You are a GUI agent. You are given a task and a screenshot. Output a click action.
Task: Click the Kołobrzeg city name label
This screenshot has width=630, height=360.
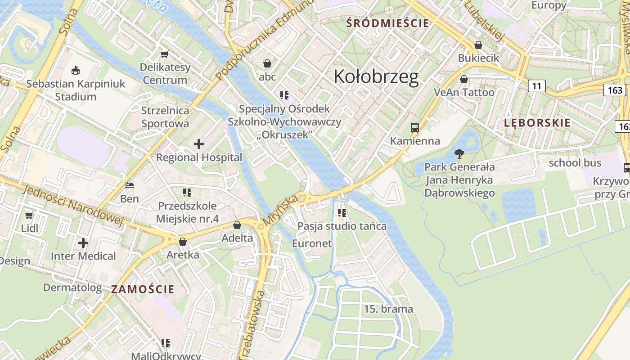click(376, 77)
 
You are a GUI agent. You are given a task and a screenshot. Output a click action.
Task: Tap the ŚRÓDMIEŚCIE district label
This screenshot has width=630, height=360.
click(387, 23)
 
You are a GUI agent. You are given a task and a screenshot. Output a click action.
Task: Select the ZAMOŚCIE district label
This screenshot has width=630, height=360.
click(143, 289)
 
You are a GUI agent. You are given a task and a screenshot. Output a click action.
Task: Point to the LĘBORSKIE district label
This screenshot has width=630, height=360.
click(537, 123)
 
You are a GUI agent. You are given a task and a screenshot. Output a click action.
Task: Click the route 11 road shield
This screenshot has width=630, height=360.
click(536, 85)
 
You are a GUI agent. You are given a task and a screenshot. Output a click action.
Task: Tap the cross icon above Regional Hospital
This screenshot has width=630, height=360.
click(199, 144)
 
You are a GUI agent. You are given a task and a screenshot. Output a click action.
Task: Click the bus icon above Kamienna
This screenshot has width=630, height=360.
click(415, 128)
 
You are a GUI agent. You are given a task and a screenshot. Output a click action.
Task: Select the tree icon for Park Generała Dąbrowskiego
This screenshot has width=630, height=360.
click(459, 154)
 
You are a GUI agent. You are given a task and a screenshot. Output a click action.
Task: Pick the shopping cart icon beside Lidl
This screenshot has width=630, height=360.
click(29, 215)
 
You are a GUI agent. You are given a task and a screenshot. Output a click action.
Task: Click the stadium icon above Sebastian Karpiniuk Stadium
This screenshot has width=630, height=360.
click(76, 70)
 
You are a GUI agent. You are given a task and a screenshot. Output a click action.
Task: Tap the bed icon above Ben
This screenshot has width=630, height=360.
click(130, 185)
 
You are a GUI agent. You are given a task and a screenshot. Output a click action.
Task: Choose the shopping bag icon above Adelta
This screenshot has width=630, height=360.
click(237, 225)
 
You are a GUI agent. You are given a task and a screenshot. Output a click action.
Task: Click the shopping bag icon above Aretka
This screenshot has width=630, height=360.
click(183, 242)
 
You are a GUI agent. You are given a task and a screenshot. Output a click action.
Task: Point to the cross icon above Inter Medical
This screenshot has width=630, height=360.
click(83, 243)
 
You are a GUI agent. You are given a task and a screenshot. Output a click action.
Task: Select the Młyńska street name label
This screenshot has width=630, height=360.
click(281, 210)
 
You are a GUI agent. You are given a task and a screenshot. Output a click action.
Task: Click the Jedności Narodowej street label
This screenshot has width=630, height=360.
click(72, 203)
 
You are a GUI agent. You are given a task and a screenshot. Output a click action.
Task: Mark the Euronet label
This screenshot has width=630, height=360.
click(312, 243)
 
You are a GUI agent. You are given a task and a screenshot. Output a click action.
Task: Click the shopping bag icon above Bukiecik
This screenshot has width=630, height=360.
click(478, 45)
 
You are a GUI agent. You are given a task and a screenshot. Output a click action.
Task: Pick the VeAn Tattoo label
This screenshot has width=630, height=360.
click(464, 92)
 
